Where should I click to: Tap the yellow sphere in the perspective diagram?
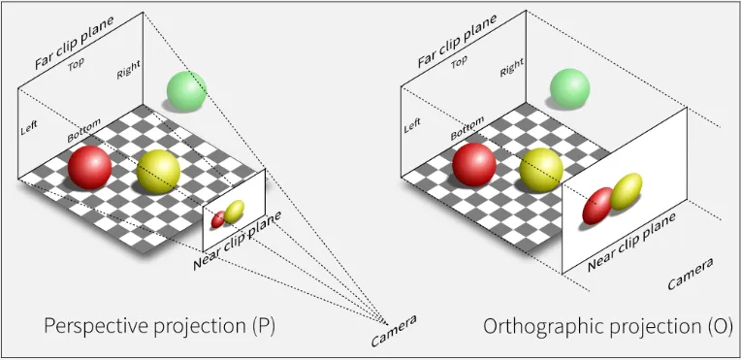(x=159, y=172)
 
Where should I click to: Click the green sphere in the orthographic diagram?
(x=569, y=88)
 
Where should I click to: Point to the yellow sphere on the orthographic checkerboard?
(x=540, y=169)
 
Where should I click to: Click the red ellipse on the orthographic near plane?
(x=597, y=205)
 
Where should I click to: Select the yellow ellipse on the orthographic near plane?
(x=628, y=190)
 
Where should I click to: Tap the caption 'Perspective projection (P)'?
(x=159, y=326)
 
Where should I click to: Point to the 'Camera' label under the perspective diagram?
(x=394, y=331)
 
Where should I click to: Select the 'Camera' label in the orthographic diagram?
(x=690, y=274)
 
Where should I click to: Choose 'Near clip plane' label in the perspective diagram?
(x=237, y=238)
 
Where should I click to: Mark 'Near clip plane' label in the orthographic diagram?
(x=631, y=242)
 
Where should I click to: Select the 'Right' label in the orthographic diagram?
(x=511, y=67)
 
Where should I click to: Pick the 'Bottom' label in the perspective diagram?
(x=83, y=133)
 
